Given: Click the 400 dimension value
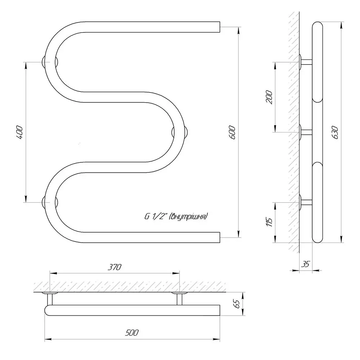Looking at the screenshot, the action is pos(19,132).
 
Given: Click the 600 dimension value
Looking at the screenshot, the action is pos(232,132).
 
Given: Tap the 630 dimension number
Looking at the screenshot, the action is pos(335,132).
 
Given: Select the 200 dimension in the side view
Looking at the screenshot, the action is pos(269,97).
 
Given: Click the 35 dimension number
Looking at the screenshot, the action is pos(305,264).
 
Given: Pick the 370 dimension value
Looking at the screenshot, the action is pos(114,267).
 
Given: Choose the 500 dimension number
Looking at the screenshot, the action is pos(132,332).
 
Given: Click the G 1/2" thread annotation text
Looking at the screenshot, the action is pos(176,216).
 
